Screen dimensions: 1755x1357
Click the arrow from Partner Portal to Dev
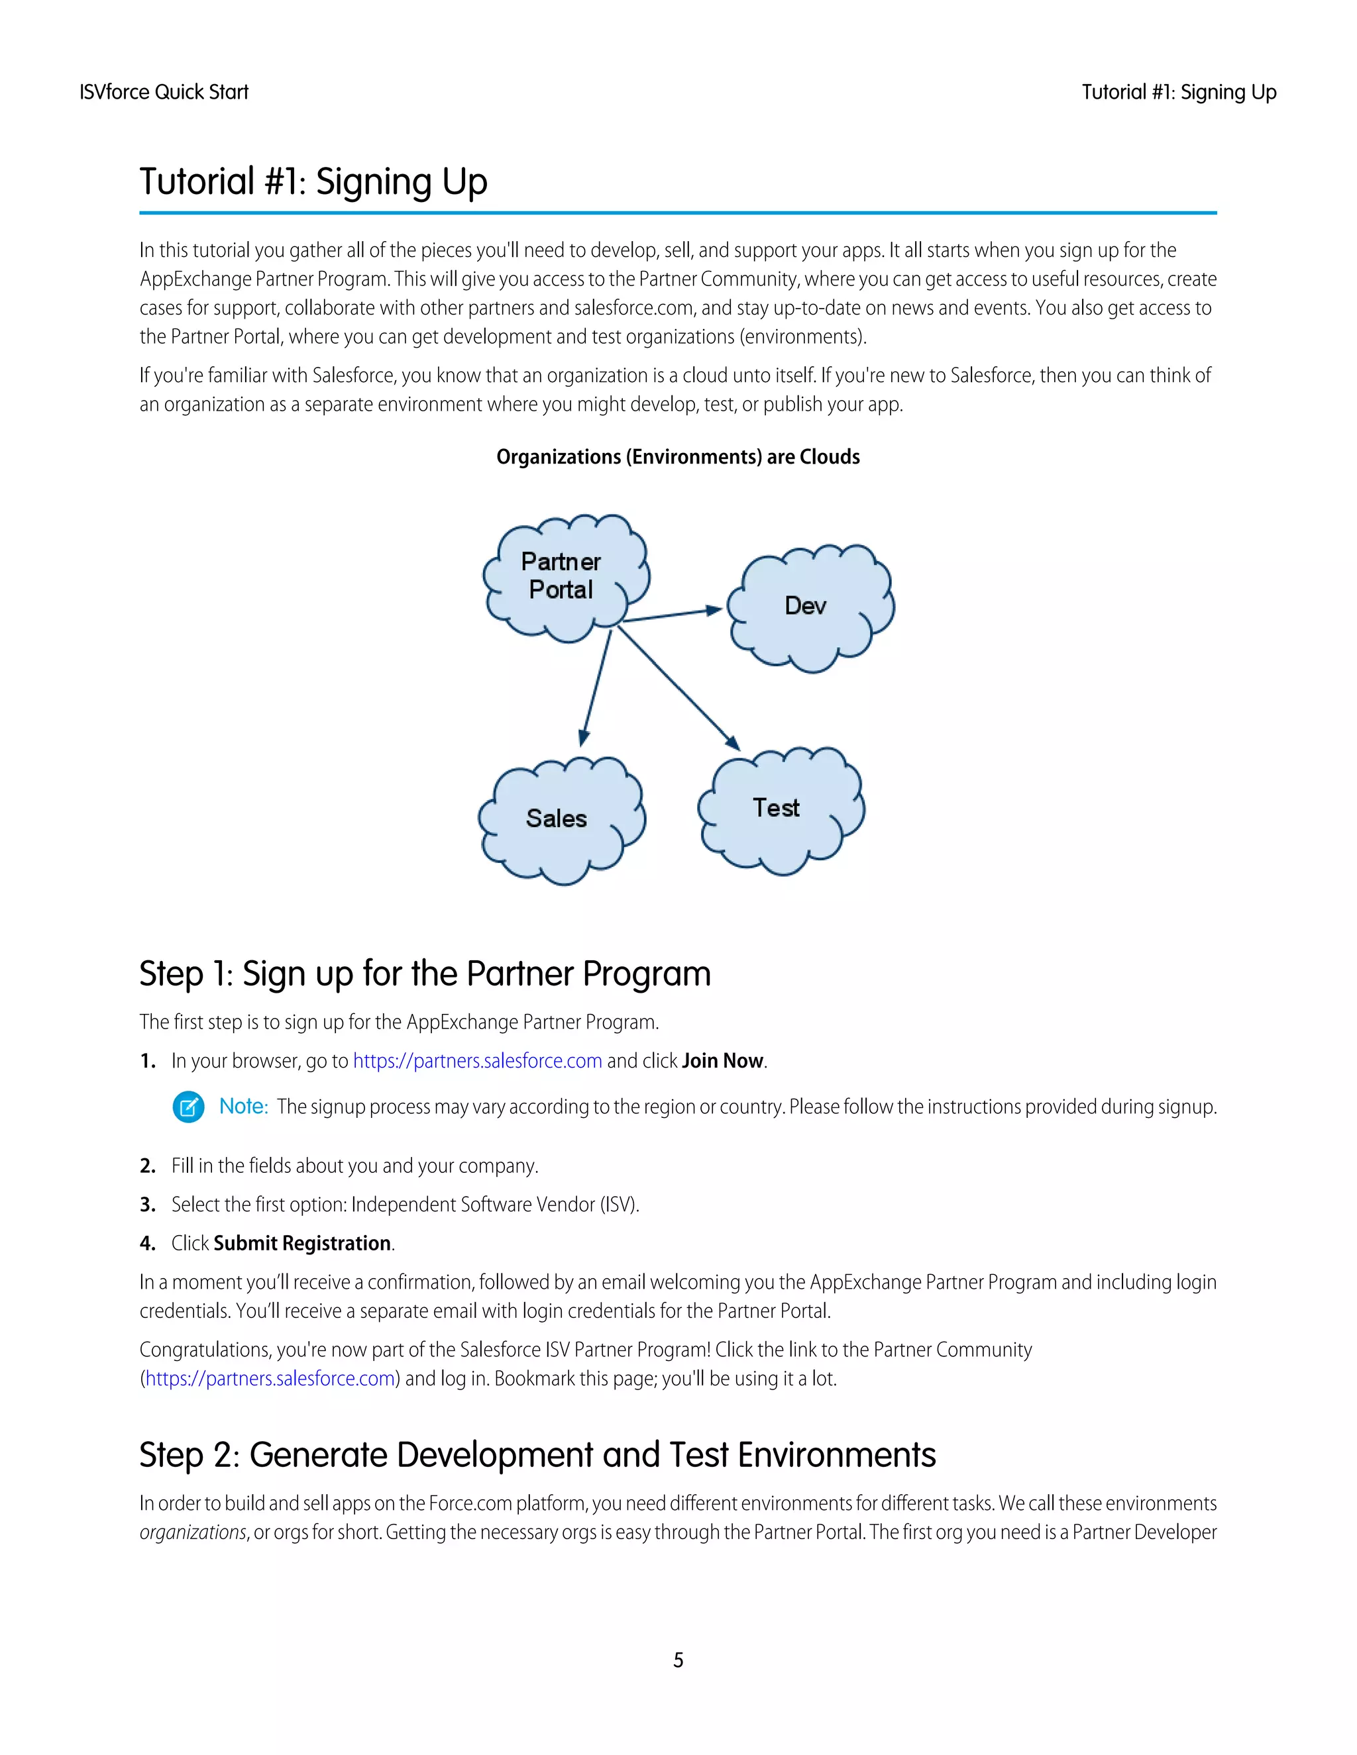click(672, 615)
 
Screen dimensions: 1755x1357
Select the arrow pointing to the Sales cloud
click(596, 687)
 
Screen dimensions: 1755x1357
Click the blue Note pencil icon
click(188, 1107)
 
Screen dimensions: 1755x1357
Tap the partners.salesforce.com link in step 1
click(478, 1061)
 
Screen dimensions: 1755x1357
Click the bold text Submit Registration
click(302, 1243)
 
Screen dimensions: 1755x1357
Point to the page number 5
click(678, 1660)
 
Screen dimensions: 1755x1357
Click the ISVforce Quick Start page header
click(164, 93)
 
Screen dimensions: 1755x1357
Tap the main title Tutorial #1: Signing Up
click(313, 181)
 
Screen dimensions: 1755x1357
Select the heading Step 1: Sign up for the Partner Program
click(425, 974)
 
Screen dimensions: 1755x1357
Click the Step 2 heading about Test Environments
click(537, 1455)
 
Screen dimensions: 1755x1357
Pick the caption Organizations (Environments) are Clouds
click(678, 457)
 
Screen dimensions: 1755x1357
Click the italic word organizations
click(192, 1532)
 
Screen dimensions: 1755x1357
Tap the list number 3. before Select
click(147, 1205)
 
